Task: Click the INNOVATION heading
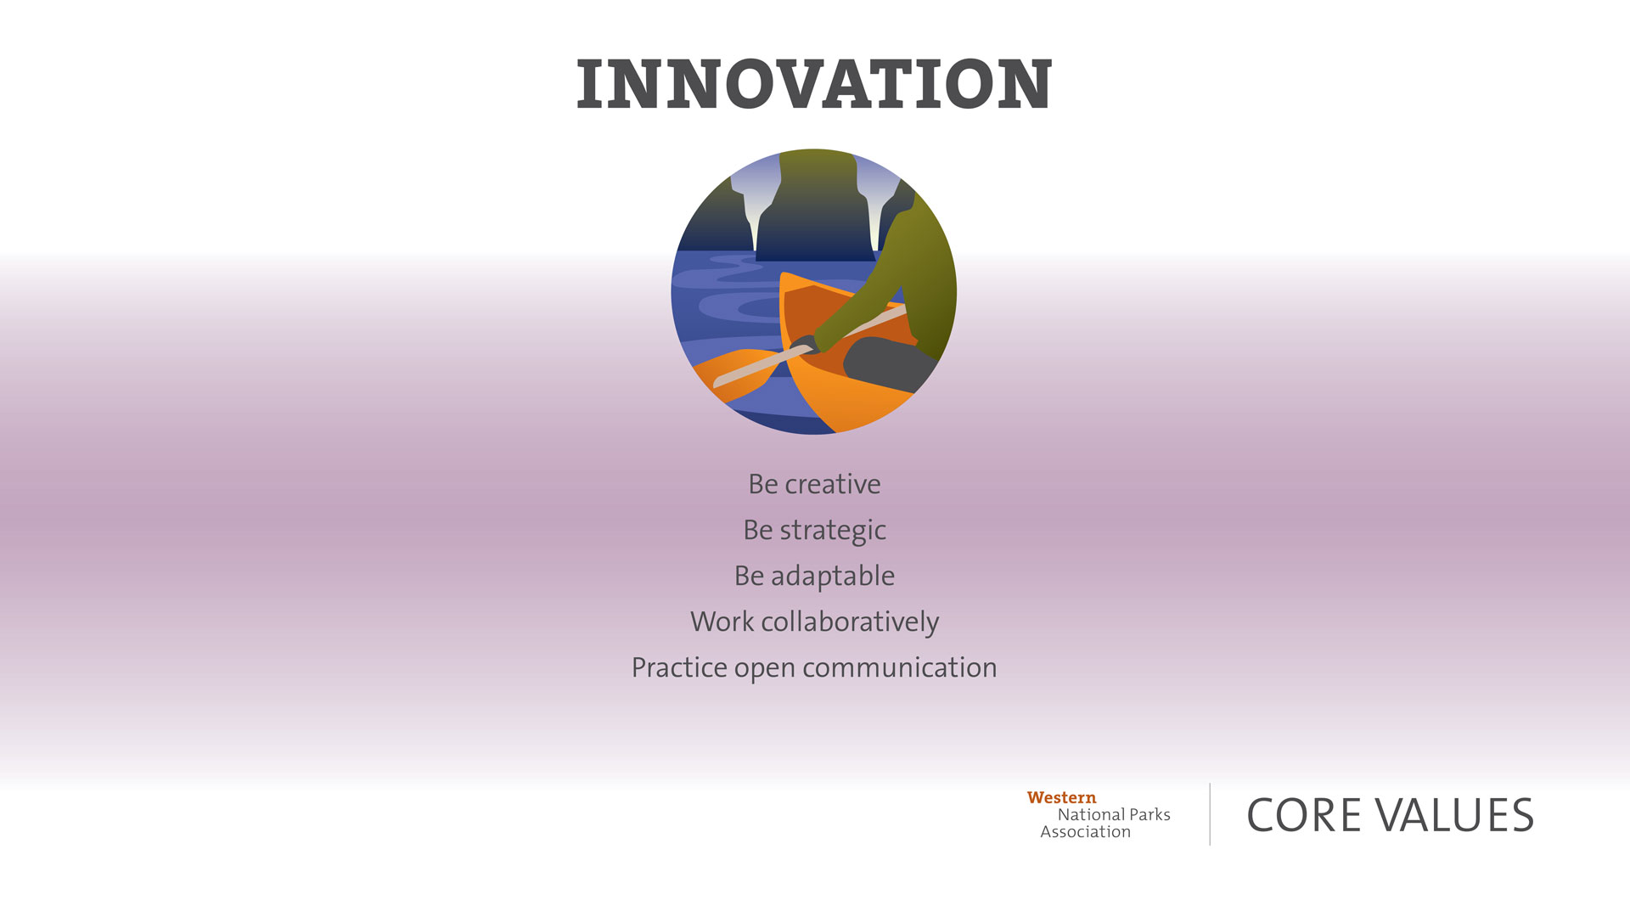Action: click(x=814, y=84)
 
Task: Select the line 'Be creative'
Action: click(x=814, y=484)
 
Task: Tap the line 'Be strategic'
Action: click(x=814, y=531)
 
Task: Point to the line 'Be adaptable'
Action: click(x=814, y=577)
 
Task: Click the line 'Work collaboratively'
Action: click(x=814, y=622)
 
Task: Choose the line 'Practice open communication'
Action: click(x=814, y=668)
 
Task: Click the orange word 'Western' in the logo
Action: click(x=1061, y=797)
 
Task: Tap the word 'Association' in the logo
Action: click(x=1086, y=832)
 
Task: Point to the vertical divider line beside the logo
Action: click(x=1210, y=814)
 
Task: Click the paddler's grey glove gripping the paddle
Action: click(x=804, y=344)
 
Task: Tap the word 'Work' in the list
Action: click(x=722, y=622)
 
